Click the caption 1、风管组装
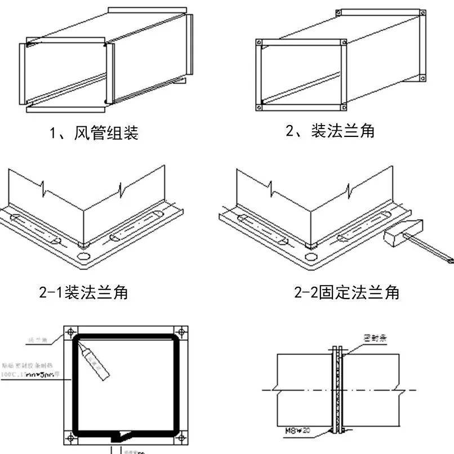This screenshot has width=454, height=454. [94, 134]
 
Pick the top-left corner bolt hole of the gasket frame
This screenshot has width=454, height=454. [69, 332]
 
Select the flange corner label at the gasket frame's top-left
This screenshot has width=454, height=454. [37, 339]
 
